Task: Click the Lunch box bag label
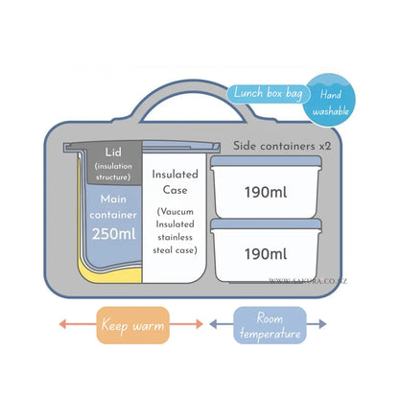pyautogui.click(x=269, y=94)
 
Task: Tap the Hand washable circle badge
pyautogui.click(x=330, y=101)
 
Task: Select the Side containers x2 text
pyautogui.click(x=282, y=146)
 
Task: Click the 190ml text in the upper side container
pyautogui.click(x=266, y=193)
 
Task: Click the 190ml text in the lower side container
pyautogui.click(x=266, y=254)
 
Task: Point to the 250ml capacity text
pyautogui.click(x=114, y=234)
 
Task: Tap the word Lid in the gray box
pyautogui.click(x=113, y=153)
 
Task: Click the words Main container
pyautogui.click(x=113, y=207)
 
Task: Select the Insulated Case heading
pyautogui.click(x=175, y=182)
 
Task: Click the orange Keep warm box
pyautogui.click(x=133, y=325)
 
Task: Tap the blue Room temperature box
pyautogui.click(x=270, y=325)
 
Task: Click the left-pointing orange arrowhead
pyautogui.click(x=62, y=324)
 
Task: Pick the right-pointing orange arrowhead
pyautogui.click(x=199, y=324)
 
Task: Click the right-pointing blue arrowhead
pyautogui.click(x=322, y=324)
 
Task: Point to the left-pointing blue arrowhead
pyautogui.click(x=213, y=324)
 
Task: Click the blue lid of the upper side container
pyautogui.click(x=266, y=161)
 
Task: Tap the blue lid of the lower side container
pyautogui.click(x=266, y=223)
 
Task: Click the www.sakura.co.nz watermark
pyautogui.click(x=308, y=281)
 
